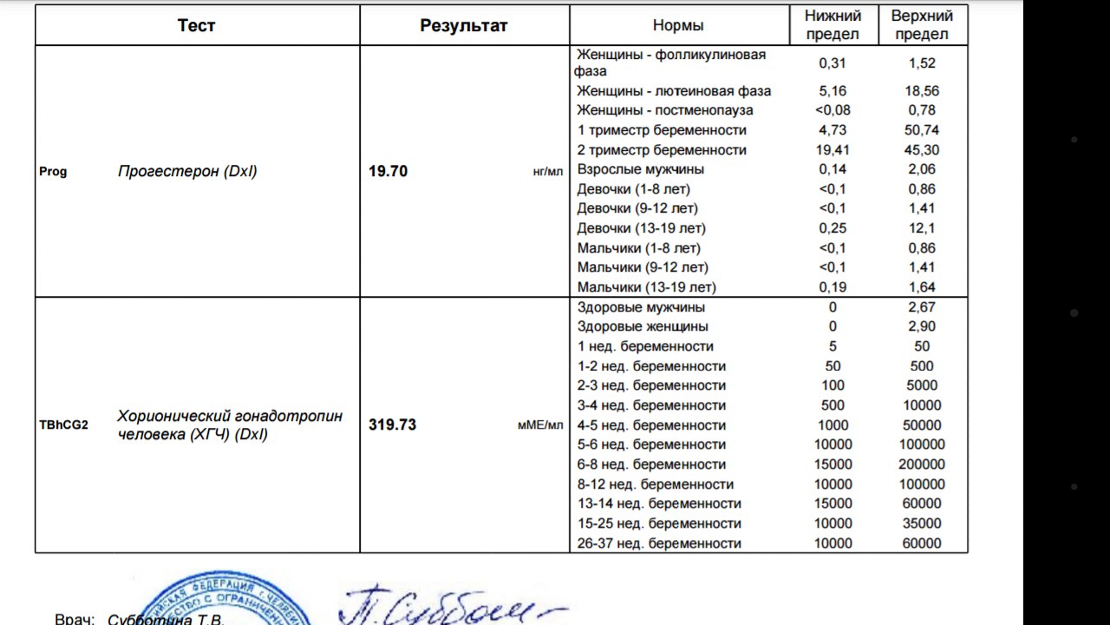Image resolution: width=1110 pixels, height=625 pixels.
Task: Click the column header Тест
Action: click(x=196, y=25)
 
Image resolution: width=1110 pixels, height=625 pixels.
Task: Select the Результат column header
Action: click(x=464, y=25)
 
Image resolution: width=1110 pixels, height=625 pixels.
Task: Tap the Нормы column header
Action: click(x=678, y=25)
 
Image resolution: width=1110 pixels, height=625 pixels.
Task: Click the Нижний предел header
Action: click(x=832, y=25)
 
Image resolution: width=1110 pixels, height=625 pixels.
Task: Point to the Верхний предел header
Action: click(x=922, y=25)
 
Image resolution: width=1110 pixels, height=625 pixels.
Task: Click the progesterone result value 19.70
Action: click(x=388, y=171)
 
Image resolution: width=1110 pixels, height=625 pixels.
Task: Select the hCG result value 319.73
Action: click(x=392, y=425)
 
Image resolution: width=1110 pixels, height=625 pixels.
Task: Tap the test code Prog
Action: click(x=53, y=171)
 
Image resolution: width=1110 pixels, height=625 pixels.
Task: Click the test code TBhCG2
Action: click(x=63, y=425)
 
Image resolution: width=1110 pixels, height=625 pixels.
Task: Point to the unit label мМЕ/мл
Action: click(x=539, y=425)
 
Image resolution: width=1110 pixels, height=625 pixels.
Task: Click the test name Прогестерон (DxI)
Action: click(x=187, y=171)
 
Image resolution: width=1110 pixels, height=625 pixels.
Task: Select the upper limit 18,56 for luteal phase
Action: click(x=922, y=90)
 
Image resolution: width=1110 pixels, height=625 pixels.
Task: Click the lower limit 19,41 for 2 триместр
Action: click(x=832, y=149)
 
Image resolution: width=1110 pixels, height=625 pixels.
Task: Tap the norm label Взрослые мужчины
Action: click(x=641, y=169)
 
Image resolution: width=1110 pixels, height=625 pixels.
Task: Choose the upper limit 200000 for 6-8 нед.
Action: click(x=922, y=464)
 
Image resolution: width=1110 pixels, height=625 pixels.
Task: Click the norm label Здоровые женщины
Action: click(x=643, y=326)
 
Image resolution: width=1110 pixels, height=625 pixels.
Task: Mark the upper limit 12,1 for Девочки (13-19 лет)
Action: click(x=922, y=228)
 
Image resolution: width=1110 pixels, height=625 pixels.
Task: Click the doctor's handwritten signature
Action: click(x=451, y=605)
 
